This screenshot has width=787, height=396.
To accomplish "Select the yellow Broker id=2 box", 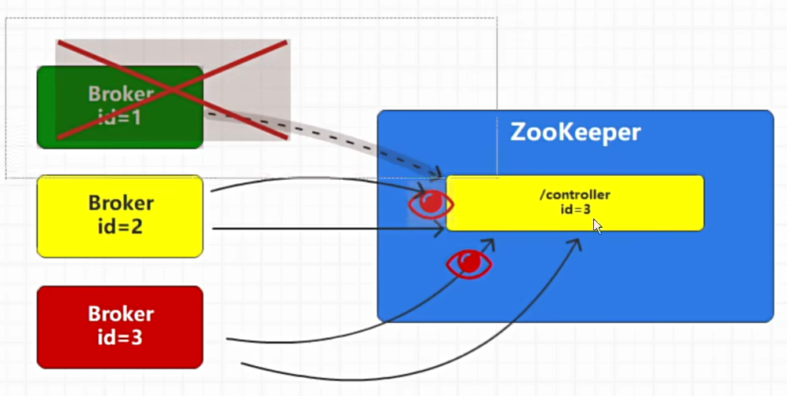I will [120, 216].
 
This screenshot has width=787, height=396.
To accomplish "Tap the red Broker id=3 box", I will [120, 327].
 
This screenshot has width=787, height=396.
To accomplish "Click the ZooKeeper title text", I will [575, 132].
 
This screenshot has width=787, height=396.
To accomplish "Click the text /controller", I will [574, 195].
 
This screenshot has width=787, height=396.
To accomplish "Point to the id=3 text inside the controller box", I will [574, 209].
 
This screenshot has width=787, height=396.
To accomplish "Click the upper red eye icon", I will [431, 203].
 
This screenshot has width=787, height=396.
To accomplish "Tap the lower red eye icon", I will [468, 263].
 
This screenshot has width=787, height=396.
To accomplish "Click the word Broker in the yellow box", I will [121, 203].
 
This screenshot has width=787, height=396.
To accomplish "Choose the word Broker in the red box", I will [121, 314].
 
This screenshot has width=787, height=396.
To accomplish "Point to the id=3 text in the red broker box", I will [121, 339].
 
